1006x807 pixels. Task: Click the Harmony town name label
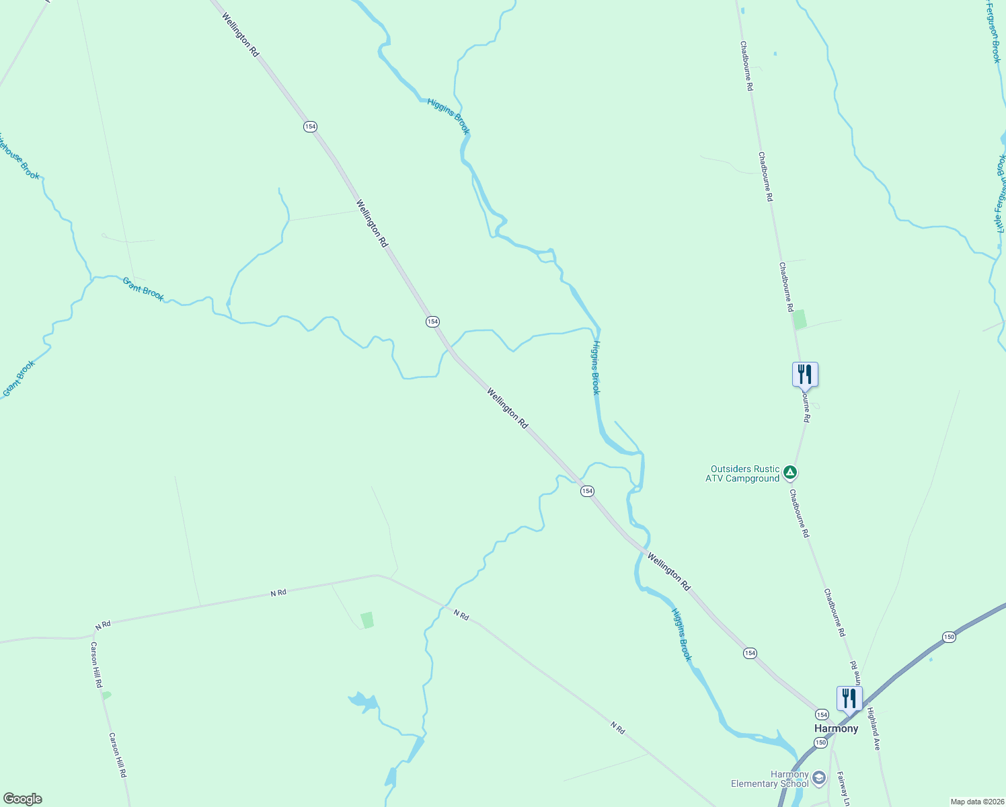[x=836, y=728]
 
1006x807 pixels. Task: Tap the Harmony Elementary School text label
[x=770, y=779]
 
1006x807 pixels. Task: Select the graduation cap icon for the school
[x=818, y=778]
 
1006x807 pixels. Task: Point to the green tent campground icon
[x=791, y=473]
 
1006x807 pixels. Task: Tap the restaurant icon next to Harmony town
[x=849, y=699]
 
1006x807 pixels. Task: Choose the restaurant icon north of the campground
[x=805, y=375]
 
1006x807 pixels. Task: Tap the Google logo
[x=22, y=799]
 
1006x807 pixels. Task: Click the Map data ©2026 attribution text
[x=976, y=802]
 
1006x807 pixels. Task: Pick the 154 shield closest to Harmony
[x=822, y=714]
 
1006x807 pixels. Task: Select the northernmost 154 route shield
[x=309, y=126]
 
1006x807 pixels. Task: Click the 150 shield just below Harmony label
[x=820, y=742]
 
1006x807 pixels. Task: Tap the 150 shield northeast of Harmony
[x=948, y=637]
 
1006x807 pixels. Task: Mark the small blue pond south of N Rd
[x=364, y=701]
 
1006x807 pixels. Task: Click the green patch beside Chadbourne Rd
[x=800, y=319]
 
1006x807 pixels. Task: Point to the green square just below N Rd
[x=366, y=619]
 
